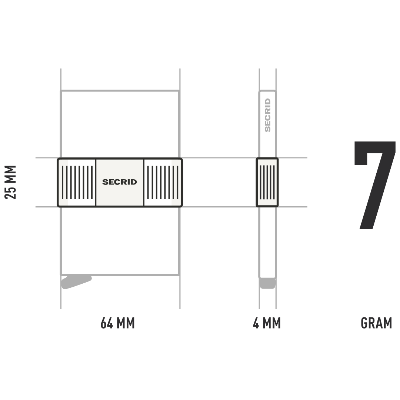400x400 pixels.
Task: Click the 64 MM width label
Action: [x=118, y=323]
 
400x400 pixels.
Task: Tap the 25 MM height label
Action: [x=11, y=182]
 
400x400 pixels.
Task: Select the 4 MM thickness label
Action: [x=267, y=323]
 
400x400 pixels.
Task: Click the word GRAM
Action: [x=376, y=323]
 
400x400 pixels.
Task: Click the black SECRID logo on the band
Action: [x=120, y=182]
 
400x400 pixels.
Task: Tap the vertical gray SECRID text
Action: [x=268, y=115]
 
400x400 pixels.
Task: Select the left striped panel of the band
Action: [x=77, y=182]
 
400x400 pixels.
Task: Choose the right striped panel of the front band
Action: [x=163, y=182]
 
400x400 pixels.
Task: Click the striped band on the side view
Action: [x=267, y=182]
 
